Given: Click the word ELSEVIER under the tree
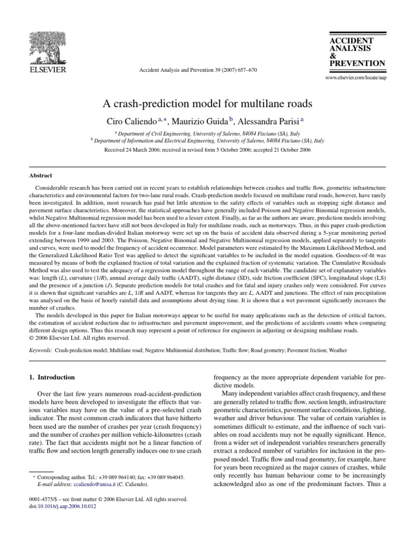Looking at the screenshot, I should coord(47,70).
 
